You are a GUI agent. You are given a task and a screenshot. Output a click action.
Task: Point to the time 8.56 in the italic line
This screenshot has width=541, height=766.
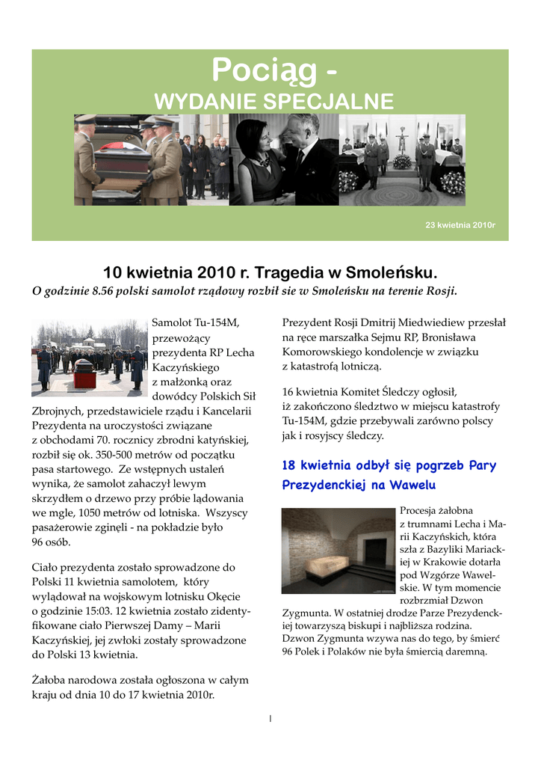pyautogui.click(x=102, y=290)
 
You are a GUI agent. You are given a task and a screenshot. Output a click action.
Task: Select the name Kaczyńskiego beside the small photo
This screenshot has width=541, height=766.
pyautogui.click(x=185, y=367)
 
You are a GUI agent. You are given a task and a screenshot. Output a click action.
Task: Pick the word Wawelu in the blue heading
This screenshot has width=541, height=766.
pyautogui.click(x=411, y=485)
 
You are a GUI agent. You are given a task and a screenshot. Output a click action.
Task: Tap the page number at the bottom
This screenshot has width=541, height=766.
pyautogui.click(x=270, y=719)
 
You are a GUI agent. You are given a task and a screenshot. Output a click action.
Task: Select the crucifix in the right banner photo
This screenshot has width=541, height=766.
pyautogui.click(x=402, y=138)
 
